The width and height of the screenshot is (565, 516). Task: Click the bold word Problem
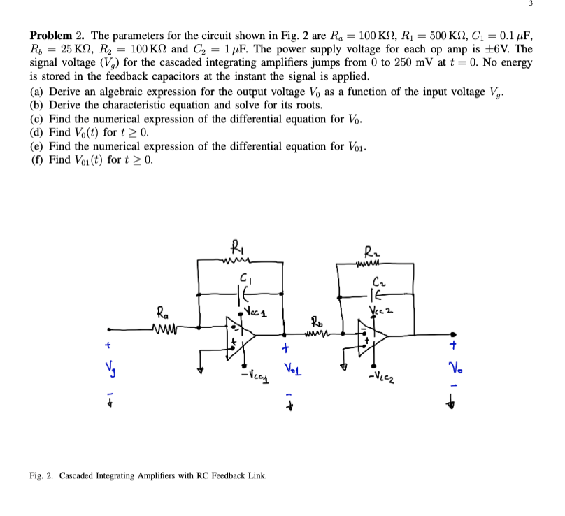50,36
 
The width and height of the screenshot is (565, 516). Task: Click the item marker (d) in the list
37,132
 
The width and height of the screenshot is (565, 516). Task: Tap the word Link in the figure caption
255,475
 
